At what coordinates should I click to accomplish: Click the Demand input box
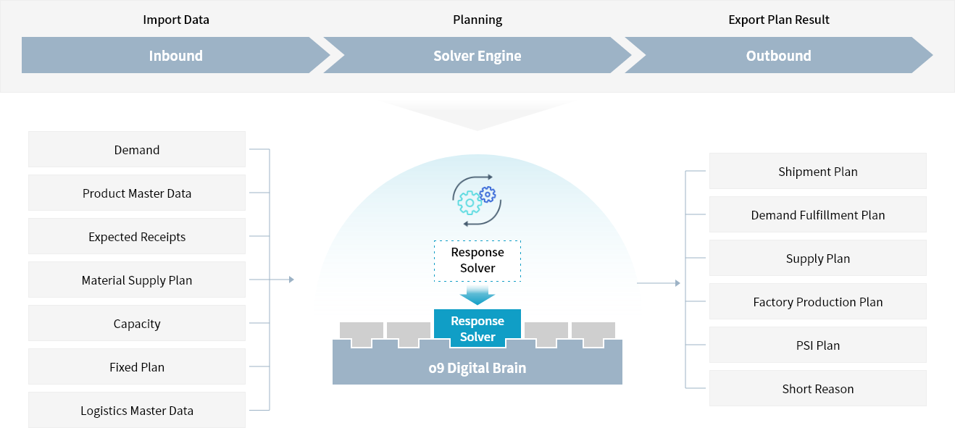tap(137, 149)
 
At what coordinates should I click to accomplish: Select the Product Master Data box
tap(137, 193)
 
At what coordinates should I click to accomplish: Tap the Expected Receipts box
tap(137, 236)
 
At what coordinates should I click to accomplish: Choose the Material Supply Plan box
tap(137, 280)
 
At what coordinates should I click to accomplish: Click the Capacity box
tap(137, 323)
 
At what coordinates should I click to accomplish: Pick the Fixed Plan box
tap(137, 366)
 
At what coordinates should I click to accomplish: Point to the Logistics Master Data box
tap(137, 410)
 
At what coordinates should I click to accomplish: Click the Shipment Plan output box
tap(817, 171)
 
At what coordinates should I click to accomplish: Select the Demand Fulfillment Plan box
tap(817, 214)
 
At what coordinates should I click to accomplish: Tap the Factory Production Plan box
tap(817, 301)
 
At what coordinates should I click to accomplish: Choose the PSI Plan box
tap(817, 345)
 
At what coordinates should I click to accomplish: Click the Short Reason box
tap(817, 388)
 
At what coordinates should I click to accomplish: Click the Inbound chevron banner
tap(175, 55)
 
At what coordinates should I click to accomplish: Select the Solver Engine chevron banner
tap(477, 55)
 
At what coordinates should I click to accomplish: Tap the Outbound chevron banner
tap(778, 55)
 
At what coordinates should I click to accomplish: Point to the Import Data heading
tap(175, 20)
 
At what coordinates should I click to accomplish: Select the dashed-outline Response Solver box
tap(477, 261)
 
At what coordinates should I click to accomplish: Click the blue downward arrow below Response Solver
tap(477, 295)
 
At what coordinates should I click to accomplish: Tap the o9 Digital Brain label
tap(477, 368)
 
